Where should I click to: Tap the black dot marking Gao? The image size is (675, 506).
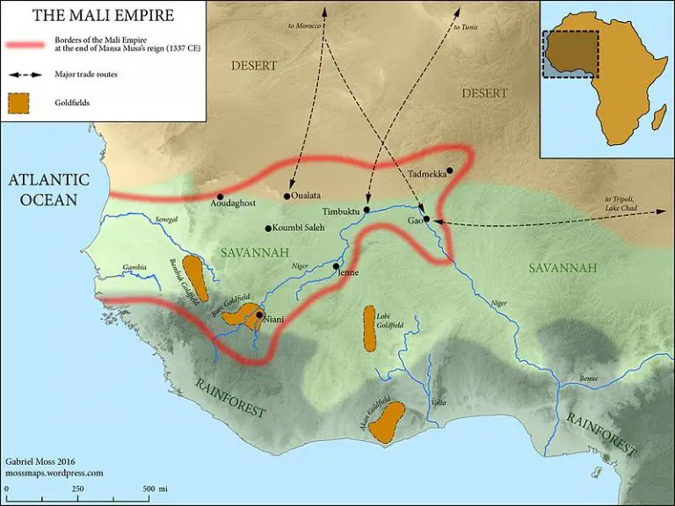pyautogui.click(x=426, y=218)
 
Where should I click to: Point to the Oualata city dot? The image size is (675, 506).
pyautogui.click(x=287, y=195)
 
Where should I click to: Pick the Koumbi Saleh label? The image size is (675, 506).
pyautogui.click(x=300, y=228)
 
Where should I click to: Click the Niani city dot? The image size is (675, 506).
pyautogui.click(x=259, y=314)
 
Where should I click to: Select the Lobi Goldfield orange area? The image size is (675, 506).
pyautogui.click(x=370, y=329)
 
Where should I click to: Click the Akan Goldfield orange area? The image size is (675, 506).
pyautogui.click(x=386, y=423)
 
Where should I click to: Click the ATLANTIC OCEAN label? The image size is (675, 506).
pyautogui.click(x=49, y=189)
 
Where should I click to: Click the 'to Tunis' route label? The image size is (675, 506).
pyautogui.click(x=465, y=27)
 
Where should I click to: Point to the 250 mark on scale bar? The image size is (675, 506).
pyautogui.click(x=77, y=488)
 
